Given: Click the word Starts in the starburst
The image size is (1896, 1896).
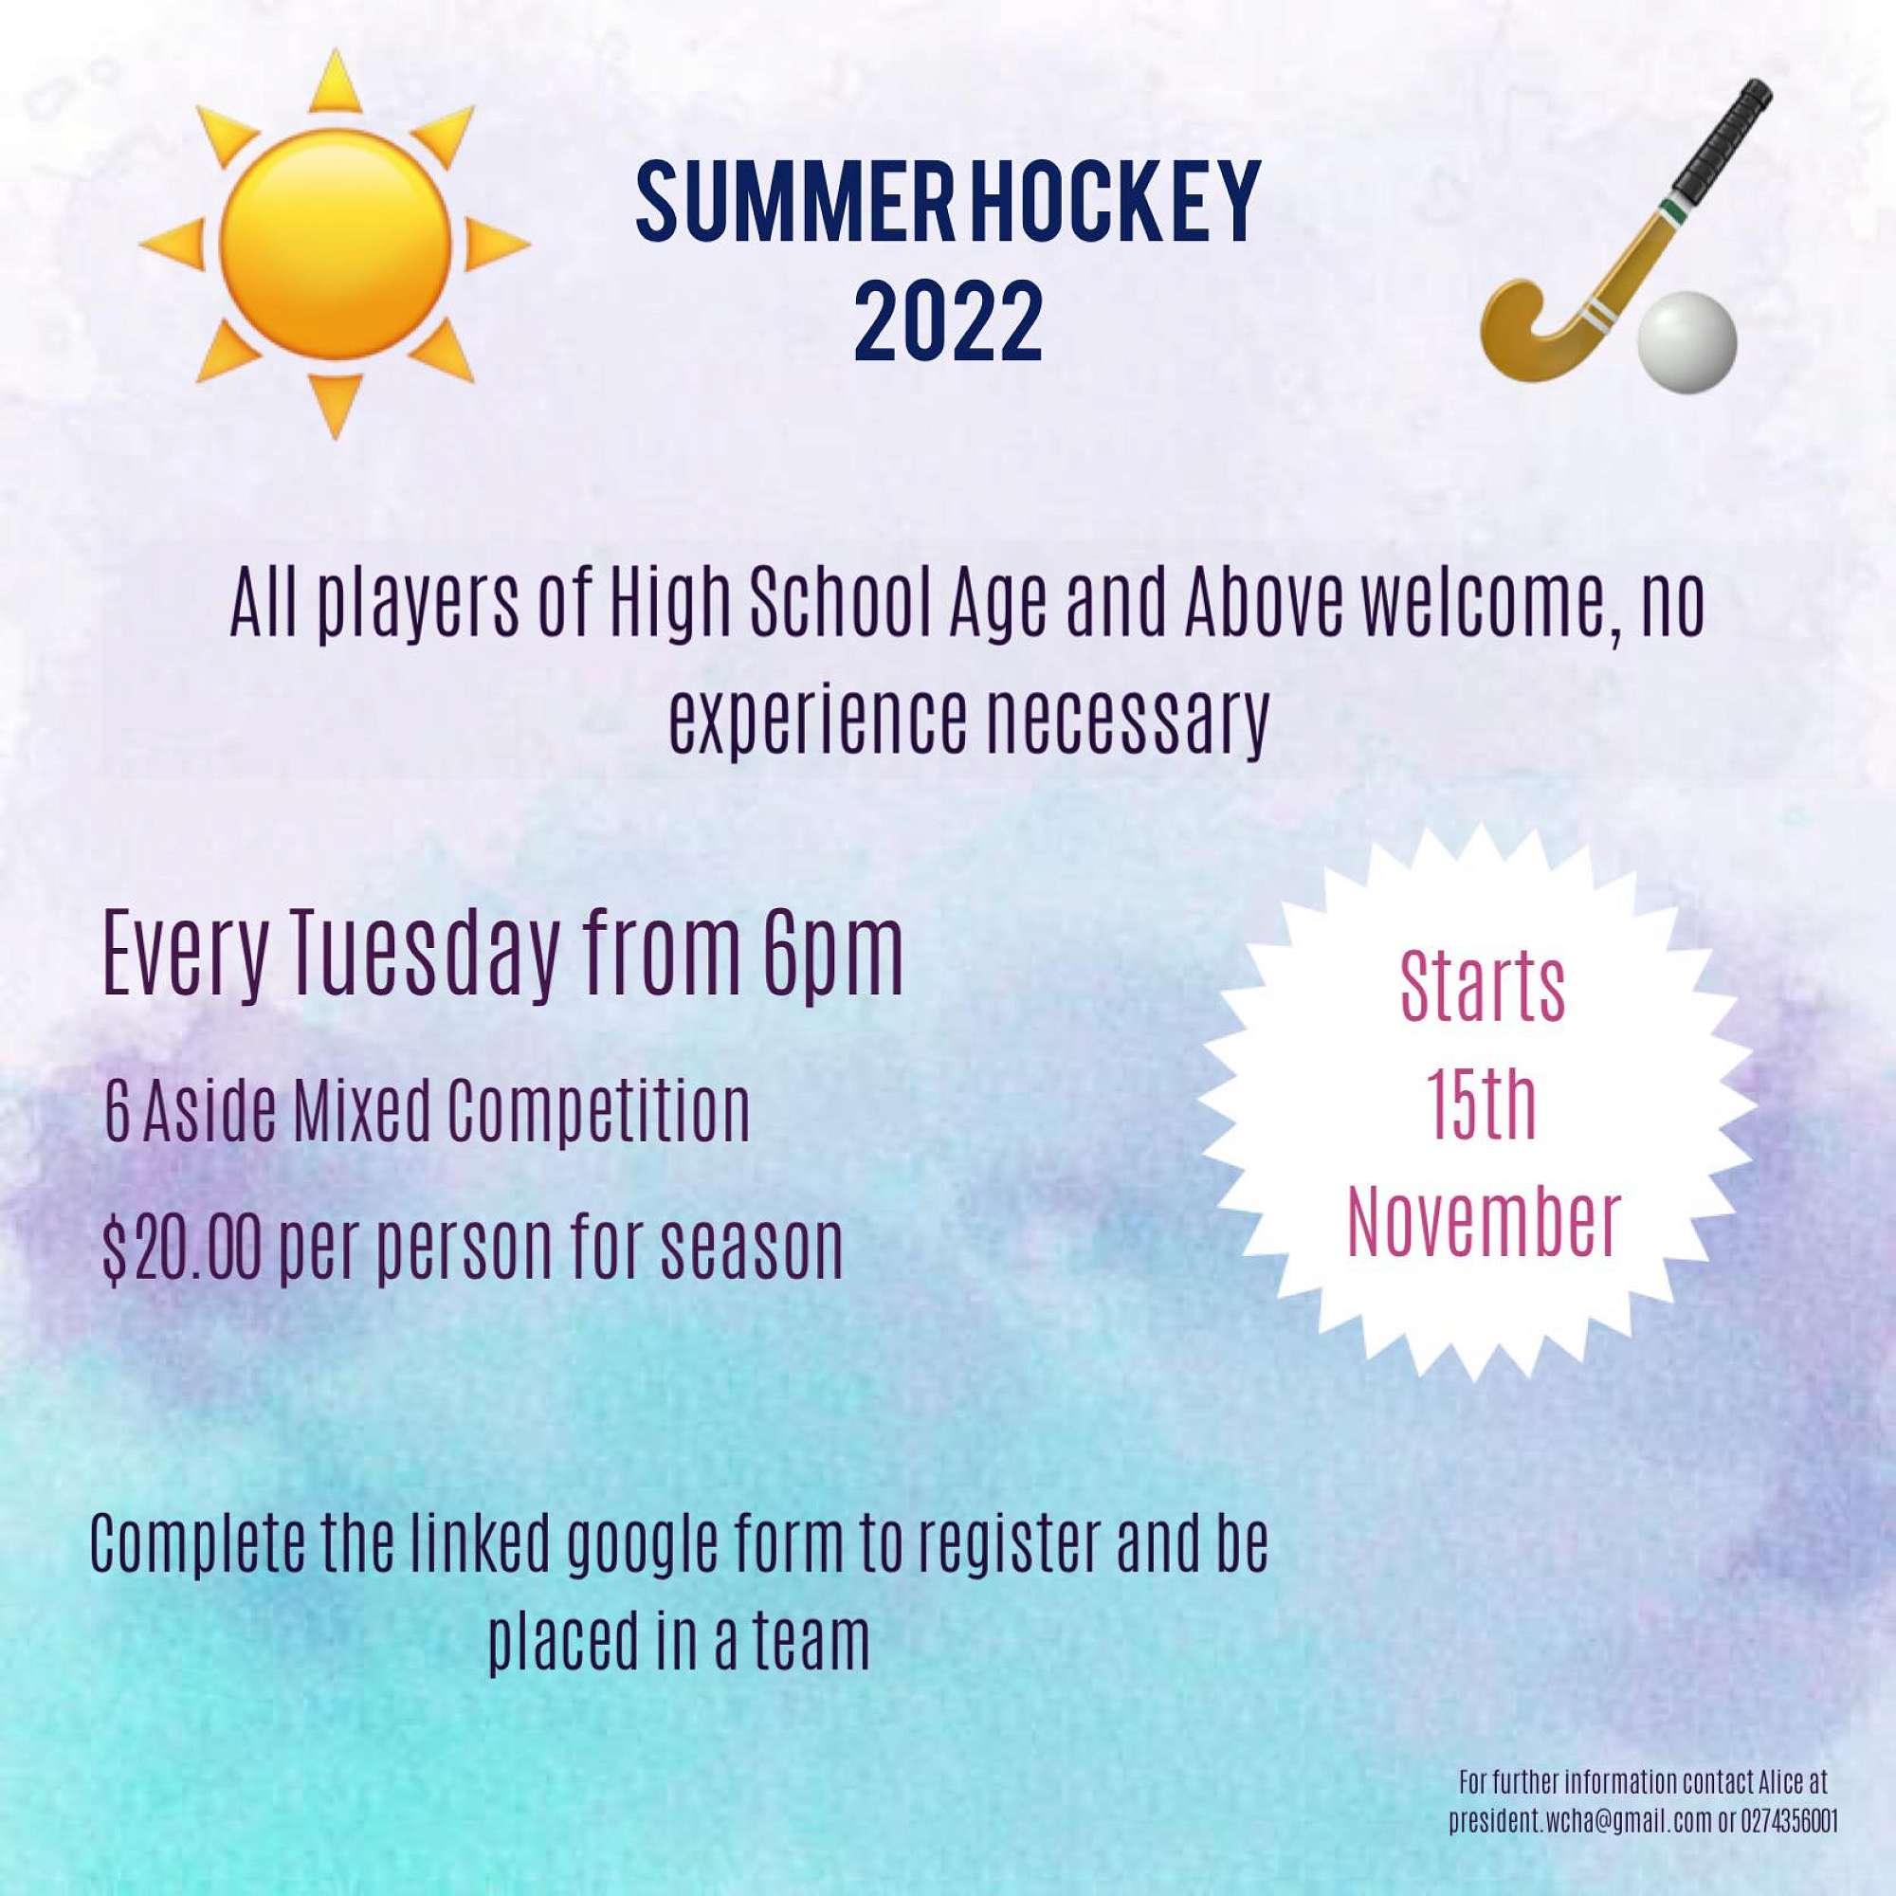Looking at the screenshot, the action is pos(1483,986).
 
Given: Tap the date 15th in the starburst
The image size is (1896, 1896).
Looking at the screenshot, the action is pos(1482,1105).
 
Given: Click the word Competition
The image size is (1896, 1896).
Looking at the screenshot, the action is pos(597,1113).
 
